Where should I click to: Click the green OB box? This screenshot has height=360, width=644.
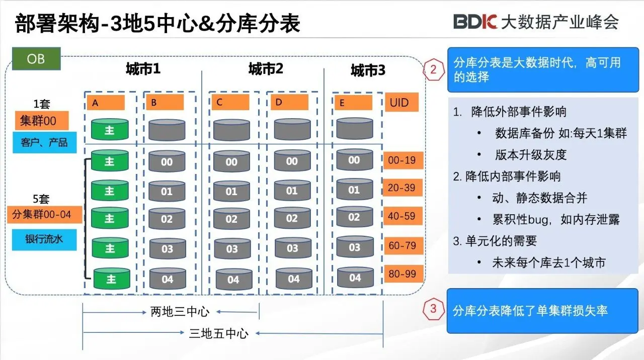pyautogui.click(x=36, y=59)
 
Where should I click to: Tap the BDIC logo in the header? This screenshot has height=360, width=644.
pyautogui.click(x=475, y=22)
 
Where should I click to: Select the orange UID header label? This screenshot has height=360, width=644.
pyautogui.click(x=401, y=103)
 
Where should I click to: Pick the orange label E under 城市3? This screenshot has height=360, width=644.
pyautogui.click(x=352, y=103)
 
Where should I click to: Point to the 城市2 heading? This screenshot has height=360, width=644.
pyautogui.click(x=266, y=69)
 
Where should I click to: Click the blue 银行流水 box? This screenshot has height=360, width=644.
pyautogui.click(x=44, y=240)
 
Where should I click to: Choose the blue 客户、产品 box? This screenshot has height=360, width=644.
pyautogui.click(x=44, y=142)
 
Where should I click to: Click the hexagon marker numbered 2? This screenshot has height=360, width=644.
pyautogui.click(x=433, y=69)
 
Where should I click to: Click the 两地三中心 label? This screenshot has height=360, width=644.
pyautogui.click(x=180, y=312)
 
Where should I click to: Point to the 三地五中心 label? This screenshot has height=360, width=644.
pyautogui.click(x=218, y=333)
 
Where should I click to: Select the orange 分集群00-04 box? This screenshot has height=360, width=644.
pyautogui.click(x=41, y=215)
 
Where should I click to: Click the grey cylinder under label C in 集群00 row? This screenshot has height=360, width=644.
pyautogui.click(x=231, y=130)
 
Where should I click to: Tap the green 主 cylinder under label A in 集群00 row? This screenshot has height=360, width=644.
pyautogui.click(x=110, y=130)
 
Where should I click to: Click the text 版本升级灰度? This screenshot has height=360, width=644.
pyautogui.click(x=530, y=155)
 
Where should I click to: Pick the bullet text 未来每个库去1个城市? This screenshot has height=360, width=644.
pyautogui.click(x=548, y=262)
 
